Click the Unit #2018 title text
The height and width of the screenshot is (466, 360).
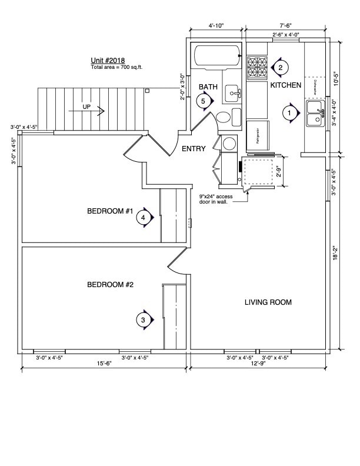107,60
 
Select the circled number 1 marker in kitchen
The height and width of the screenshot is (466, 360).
289,112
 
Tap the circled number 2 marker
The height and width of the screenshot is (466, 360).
280,67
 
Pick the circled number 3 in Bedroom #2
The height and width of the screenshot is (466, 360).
143,319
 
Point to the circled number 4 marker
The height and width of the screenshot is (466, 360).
143,218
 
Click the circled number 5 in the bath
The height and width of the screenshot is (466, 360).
204,101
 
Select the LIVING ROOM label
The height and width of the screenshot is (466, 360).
268,302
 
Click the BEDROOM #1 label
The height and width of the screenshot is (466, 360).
111,211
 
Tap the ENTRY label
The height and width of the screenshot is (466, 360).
194,149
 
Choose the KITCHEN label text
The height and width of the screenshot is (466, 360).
285,85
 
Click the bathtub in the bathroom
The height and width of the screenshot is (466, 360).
217,56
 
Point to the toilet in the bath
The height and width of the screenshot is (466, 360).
224,117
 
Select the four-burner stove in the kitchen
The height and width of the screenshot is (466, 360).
256,67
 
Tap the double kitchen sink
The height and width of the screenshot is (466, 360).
315,114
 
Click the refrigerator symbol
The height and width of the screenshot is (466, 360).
258,139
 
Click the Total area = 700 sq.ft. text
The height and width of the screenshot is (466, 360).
116,67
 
